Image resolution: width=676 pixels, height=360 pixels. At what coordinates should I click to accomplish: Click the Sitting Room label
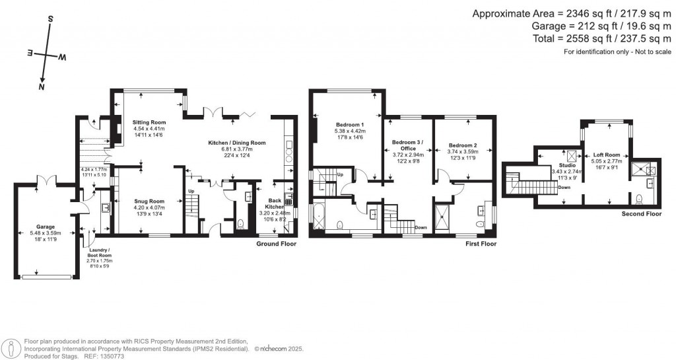149,123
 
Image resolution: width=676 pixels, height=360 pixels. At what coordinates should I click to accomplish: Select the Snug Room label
148,201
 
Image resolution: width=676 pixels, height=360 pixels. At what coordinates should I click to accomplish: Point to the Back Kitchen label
278,203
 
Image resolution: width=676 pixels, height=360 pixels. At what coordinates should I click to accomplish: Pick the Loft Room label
607,153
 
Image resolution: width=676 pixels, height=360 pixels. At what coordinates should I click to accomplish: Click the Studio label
568,165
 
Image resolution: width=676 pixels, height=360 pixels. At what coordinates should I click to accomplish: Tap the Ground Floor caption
276,244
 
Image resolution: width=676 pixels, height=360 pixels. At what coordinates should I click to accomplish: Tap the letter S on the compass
50,19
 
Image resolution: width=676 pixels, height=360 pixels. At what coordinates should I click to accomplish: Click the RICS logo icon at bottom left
11,348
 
